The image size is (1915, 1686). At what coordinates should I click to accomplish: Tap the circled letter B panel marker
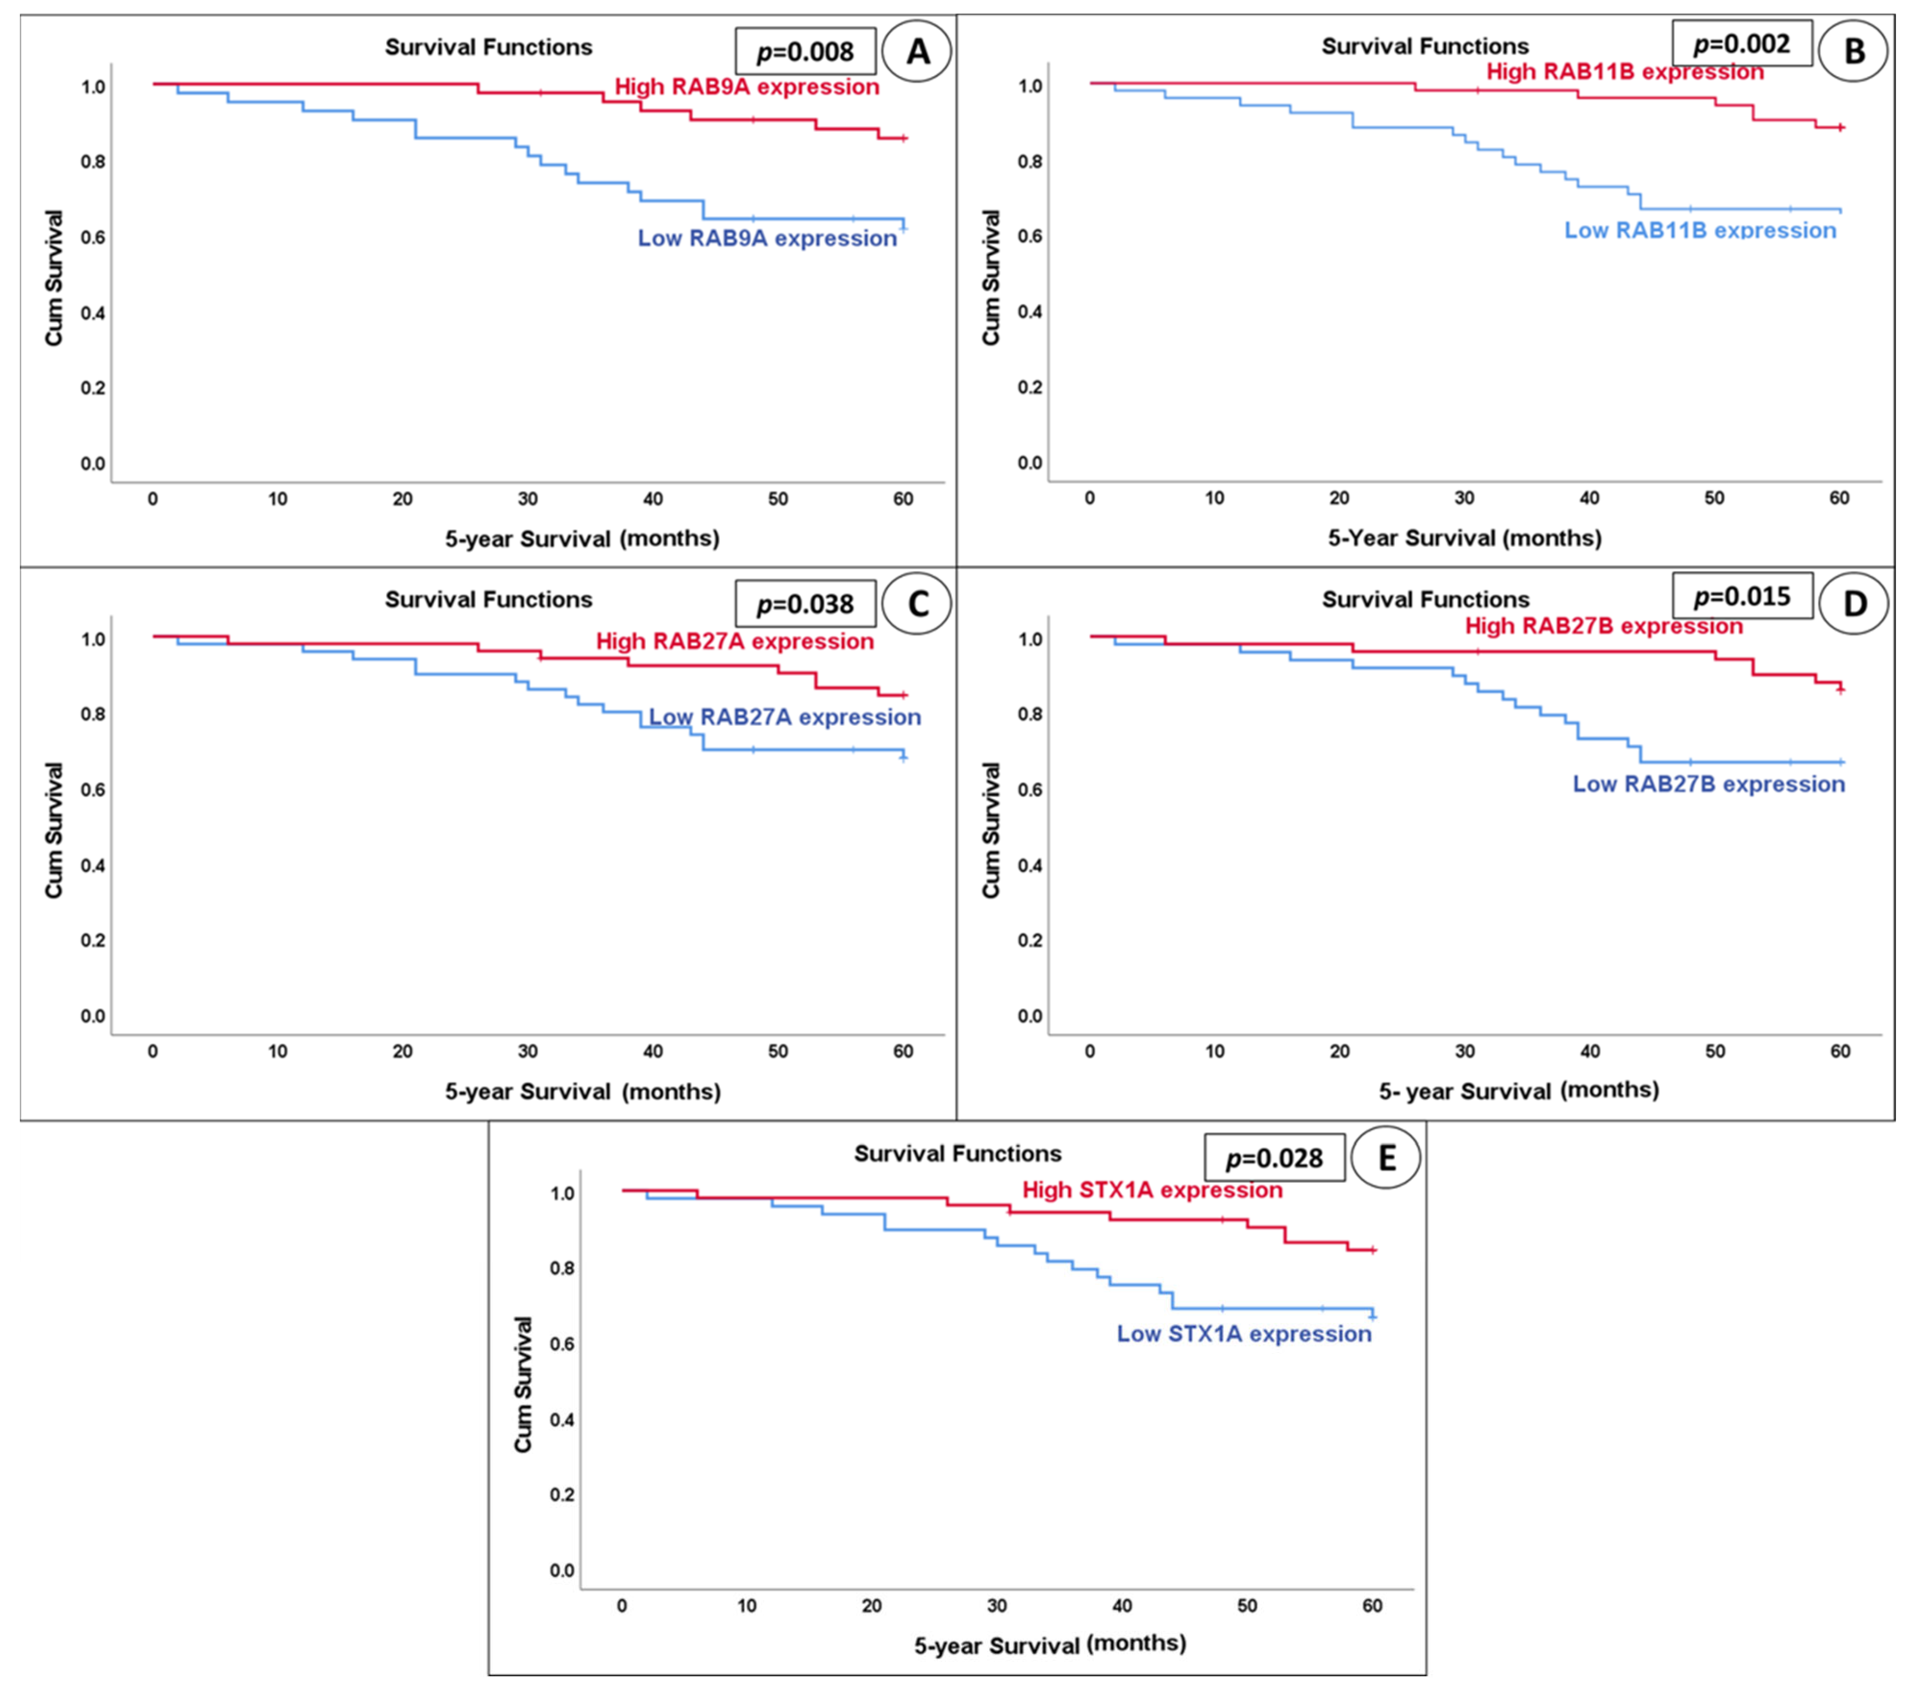(1853, 51)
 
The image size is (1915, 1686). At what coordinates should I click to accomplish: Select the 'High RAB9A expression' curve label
(746, 87)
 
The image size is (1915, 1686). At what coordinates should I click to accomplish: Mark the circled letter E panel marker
(1386, 1158)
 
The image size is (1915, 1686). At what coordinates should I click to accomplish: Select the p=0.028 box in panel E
(1274, 1158)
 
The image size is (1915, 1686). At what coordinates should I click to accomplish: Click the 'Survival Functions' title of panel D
(1425, 600)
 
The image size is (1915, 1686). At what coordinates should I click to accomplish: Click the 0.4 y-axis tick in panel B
(1030, 312)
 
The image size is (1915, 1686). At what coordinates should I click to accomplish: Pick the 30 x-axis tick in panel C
(527, 1052)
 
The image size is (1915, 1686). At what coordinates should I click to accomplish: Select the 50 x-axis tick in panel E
(1247, 1605)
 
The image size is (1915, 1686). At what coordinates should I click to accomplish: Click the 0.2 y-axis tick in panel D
(1030, 940)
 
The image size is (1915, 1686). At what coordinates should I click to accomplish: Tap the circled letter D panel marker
(1853, 603)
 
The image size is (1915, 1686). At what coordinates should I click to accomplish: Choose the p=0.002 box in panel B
(1742, 43)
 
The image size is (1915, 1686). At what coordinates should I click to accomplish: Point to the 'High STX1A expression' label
(1152, 1191)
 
